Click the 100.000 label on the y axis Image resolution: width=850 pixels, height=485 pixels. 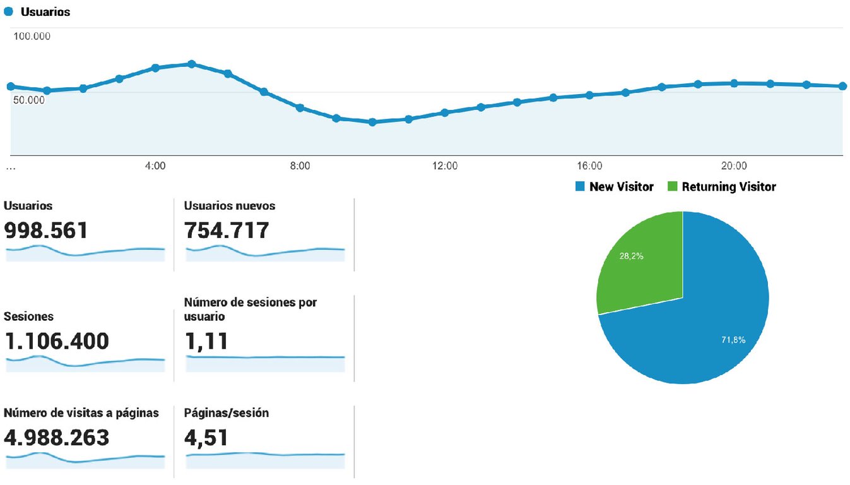pyautogui.click(x=32, y=36)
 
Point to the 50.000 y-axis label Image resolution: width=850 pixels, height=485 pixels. pyautogui.click(x=29, y=100)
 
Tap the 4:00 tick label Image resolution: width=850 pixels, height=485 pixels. pyautogui.click(x=155, y=166)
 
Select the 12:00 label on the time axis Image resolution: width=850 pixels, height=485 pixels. pyautogui.click(x=445, y=166)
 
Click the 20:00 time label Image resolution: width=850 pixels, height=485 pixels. pyautogui.click(x=734, y=166)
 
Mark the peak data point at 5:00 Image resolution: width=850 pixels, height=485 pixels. pyautogui.click(x=192, y=64)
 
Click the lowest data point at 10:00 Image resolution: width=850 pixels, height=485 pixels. pyautogui.click(x=372, y=122)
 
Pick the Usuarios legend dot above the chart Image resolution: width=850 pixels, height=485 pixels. pyautogui.click(x=9, y=12)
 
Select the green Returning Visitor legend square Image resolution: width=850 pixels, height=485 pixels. pyautogui.click(x=672, y=186)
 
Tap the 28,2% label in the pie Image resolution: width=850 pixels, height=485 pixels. pyautogui.click(x=632, y=256)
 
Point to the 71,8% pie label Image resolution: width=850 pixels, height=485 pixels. pyautogui.click(x=733, y=340)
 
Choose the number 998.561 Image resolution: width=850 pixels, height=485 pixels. pyautogui.click(x=46, y=231)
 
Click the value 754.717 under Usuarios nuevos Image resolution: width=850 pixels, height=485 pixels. pyautogui.click(x=227, y=231)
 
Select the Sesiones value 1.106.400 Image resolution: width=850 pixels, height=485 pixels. pyautogui.click(x=56, y=341)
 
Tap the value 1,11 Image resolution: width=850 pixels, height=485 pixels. pyautogui.click(x=206, y=341)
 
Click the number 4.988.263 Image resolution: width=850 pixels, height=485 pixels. pyautogui.click(x=56, y=437)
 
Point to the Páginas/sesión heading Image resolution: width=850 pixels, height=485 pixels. pyautogui.click(x=227, y=413)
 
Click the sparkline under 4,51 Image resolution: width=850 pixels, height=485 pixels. pyautogui.click(x=265, y=454)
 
